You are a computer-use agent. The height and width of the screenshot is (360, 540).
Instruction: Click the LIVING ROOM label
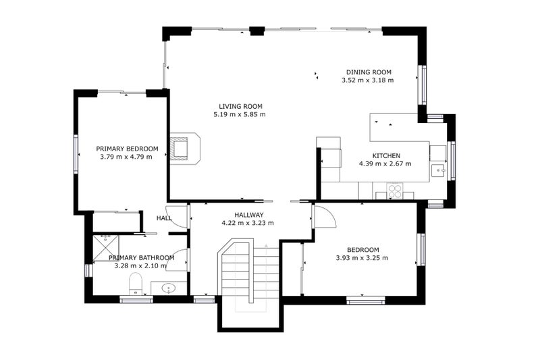[240, 107]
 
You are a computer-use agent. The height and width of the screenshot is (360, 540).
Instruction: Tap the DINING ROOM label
[369, 72]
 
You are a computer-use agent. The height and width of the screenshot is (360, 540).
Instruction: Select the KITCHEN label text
[386, 156]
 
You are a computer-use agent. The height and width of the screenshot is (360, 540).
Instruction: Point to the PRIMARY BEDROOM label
[127, 149]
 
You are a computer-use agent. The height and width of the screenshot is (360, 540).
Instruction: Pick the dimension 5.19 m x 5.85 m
[240, 114]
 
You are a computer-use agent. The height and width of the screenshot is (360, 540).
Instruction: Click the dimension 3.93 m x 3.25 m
[362, 258]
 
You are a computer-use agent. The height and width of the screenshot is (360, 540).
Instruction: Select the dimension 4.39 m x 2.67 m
[385, 163]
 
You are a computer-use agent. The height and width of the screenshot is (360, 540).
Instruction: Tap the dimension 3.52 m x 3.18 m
[367, 80]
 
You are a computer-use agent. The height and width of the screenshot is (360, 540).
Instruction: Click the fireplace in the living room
[184, 149]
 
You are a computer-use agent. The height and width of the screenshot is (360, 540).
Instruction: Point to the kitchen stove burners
[395, 191]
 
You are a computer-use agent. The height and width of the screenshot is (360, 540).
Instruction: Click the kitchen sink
[438, 170]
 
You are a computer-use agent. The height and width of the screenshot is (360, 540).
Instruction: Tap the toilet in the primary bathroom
[136, 284]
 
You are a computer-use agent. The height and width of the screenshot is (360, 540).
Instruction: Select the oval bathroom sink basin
[168, 288]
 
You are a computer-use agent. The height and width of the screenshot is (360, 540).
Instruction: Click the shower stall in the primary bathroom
[106, 248]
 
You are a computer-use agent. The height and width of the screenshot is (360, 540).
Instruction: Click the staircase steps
[250, 272]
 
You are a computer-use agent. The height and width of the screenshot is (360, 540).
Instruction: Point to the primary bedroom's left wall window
[76, 153]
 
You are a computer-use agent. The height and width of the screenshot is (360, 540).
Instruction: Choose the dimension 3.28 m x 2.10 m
[140, 265]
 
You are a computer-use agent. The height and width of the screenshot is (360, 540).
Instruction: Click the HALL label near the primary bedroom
[164, 218]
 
